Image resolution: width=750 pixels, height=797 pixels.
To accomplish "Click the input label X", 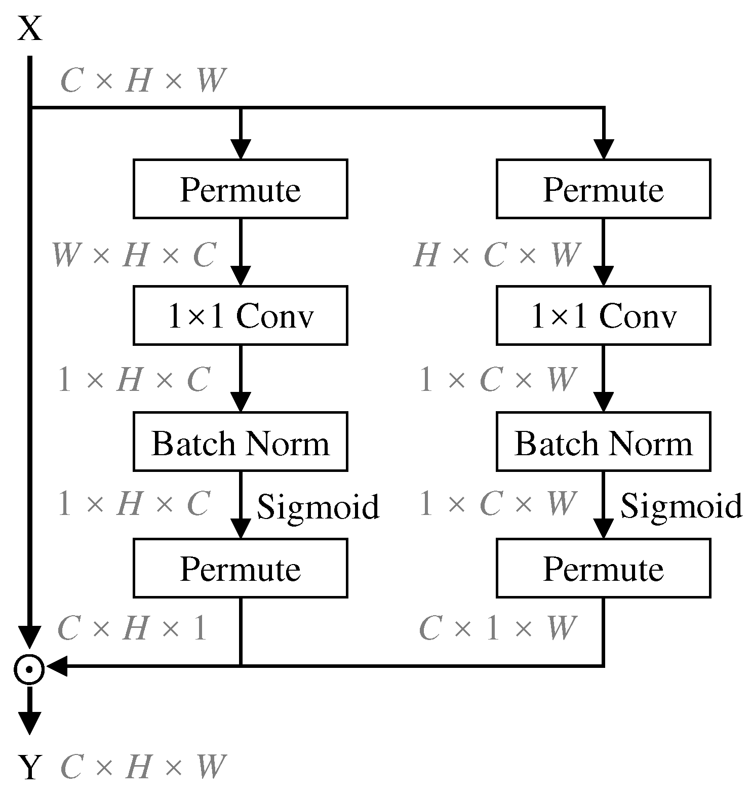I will pos(30,29).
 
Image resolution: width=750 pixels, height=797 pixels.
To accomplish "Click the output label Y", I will pos(30,767).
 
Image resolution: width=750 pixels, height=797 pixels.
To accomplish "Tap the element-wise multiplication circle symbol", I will pos(29,669).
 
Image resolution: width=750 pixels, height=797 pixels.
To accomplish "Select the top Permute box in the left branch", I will pos(240,189).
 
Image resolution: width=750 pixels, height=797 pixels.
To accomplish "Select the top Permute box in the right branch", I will pos(603,189).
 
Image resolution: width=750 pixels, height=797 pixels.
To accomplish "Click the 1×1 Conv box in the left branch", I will pos(240,315).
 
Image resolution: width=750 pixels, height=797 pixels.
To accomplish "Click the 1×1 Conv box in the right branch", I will pos(603,315).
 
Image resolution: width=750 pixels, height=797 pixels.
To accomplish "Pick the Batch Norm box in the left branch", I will pos(240,442).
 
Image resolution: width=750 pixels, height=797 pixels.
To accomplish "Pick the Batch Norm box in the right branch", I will pos(603,442).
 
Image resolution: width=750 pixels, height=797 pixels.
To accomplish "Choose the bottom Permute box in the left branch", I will pos(240,568).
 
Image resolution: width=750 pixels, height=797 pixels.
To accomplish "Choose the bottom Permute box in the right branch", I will pos(603,568).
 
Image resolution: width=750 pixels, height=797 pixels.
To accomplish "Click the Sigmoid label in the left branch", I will pos(318,506).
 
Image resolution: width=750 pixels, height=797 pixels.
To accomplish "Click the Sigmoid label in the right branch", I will pos(681,506).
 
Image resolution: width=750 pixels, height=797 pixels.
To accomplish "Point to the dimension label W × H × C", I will pos(134,255).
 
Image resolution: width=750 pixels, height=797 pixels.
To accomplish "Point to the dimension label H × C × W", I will pos(497,255).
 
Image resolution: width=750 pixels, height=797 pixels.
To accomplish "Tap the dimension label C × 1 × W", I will pos(497,629).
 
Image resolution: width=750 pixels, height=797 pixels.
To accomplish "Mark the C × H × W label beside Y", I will pos(142,767).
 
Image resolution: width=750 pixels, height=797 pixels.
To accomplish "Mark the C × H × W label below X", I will pos(142,81).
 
